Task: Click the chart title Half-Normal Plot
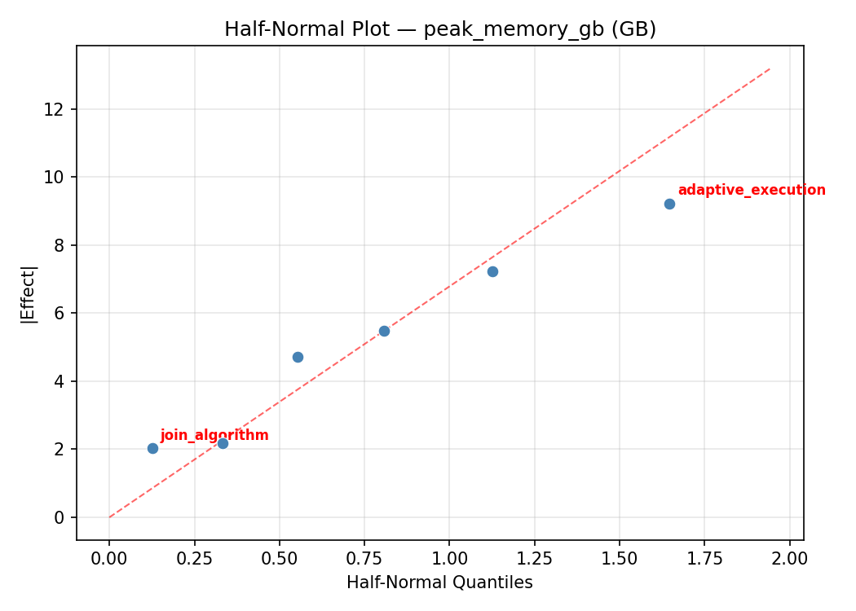pyautogui.click(x=440, y=29)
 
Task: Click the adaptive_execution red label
pyautogui.click(x=751, y=191)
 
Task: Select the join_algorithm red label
pyautogui.click(x=214, y=436)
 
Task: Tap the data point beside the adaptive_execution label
pyautogui.click(x=669, y=204)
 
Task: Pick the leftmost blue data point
pyautogui.click(x=152, y=448)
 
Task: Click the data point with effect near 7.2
pyautogui.click(x=492, y=271)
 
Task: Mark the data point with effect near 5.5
pyautogui.click(x=384, y=331)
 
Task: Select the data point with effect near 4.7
pyautogui.click(x=298, y=357)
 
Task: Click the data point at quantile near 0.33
pyautogui.click(x=223, y=443)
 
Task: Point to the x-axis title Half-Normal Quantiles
pyautogui.click(x=439, y=583)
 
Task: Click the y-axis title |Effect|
pyautogui.click(x=29, y=293)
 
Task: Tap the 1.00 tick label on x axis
pyautogui.click(x=449, y=559)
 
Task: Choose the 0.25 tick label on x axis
pyautogui.click(x=194, y=559)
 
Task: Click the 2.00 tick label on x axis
pyautogui.click(x=789, y=559)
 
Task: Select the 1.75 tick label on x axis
pyautogui.click(x=704, y=559)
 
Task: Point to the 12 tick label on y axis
pyautogui.click(x=55, y=109)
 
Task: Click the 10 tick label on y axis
pyautogui.click(x=55, y=178)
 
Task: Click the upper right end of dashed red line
pyautogui.click(x=770, y=69)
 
